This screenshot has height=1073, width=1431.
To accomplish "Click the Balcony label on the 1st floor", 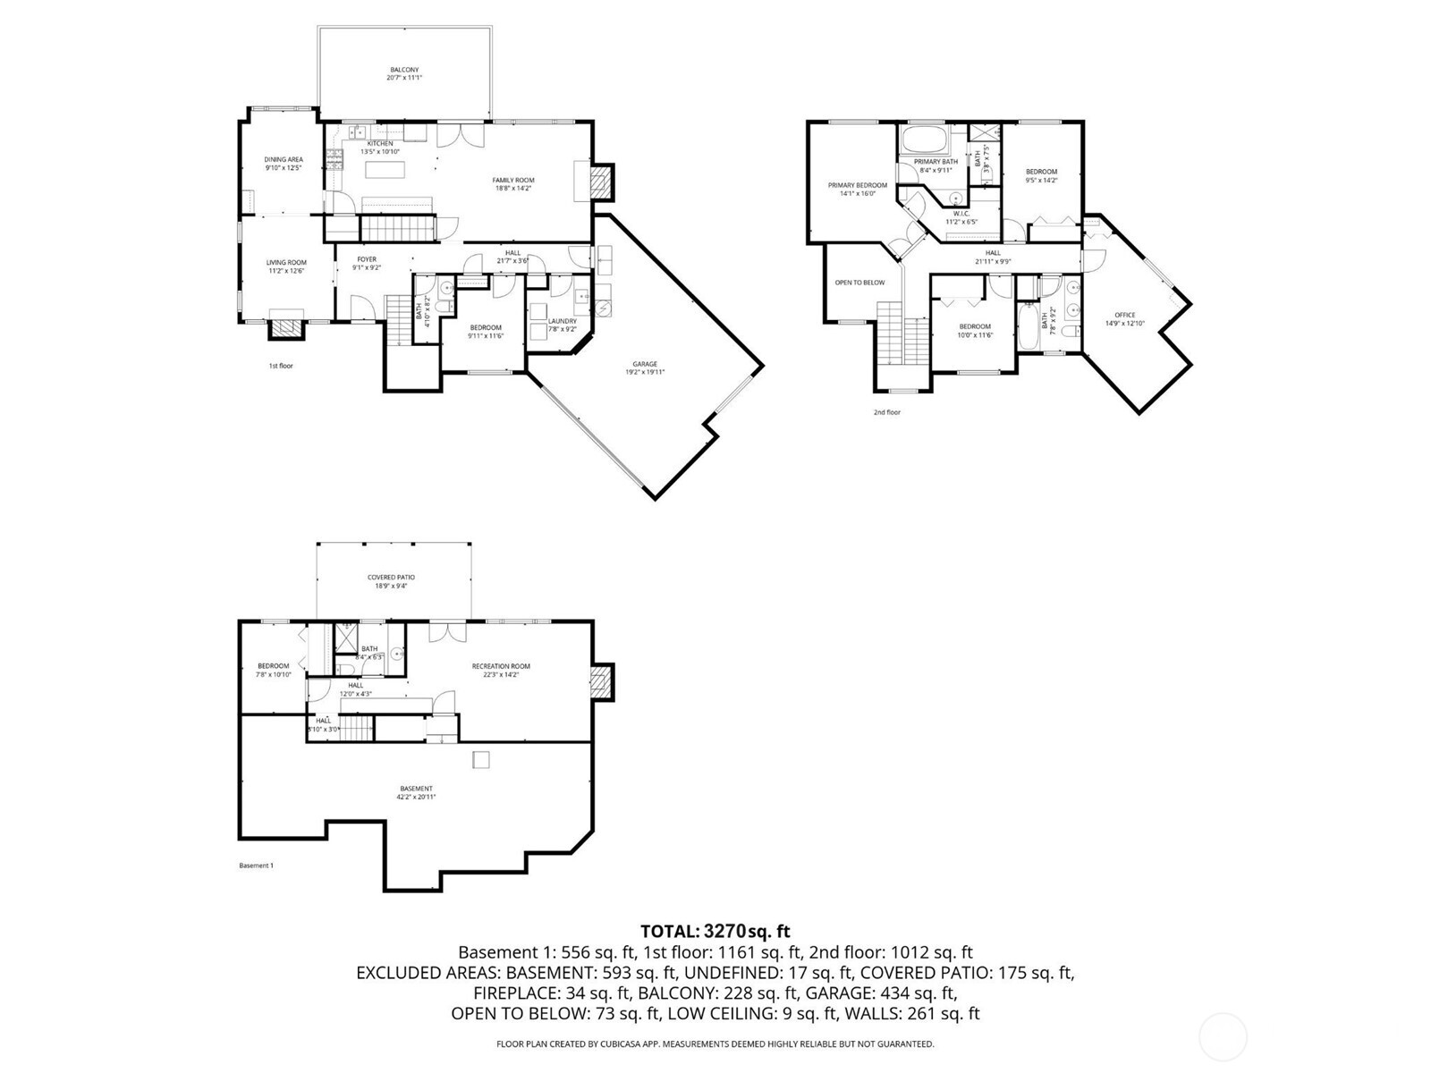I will coord(403,73).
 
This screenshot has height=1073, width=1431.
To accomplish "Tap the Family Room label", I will coord(512,183).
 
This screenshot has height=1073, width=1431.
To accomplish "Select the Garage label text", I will coord(645,368).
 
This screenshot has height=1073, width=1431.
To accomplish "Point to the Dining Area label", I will coord(283,163).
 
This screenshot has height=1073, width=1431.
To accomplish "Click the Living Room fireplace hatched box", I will coord(287,329).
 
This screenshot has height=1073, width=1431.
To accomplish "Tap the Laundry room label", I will coord(562,325).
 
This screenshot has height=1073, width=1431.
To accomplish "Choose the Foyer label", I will coord(367,263).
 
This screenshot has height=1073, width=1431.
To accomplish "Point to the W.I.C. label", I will coord(961,217).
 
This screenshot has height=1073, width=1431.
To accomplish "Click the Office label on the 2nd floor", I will coord(1124,318).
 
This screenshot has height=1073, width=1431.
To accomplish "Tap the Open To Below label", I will coord(859,283).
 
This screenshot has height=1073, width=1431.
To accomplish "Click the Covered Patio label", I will coord(391,581).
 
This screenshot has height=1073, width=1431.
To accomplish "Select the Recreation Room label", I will coord(501,670).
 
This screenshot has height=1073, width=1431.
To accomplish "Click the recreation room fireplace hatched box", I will coord(603,683).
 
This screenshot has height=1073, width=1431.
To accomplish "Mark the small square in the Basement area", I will coord(481,759).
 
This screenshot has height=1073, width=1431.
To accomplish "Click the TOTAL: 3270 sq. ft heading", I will coord(715,932).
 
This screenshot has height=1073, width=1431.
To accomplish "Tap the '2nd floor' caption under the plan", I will coord(886,412).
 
